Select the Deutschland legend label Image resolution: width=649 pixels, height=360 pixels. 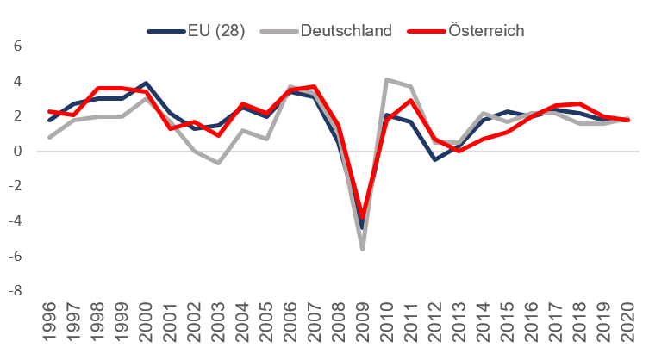[346, 30]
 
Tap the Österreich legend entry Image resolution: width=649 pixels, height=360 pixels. [486, 30]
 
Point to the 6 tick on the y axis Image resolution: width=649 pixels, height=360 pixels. [16, 47]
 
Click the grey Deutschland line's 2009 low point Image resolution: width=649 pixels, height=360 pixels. [363, 249]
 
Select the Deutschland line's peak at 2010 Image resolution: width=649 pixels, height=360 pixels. [387, 80]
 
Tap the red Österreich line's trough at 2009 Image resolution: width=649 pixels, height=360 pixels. [363, 218]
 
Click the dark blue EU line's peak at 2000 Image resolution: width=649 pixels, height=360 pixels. [147, 84]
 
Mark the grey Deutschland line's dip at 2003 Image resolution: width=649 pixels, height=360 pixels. [219, 163]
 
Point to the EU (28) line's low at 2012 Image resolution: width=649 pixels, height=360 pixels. [435, 159]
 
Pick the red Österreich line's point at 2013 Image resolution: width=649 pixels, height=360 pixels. [459, 151]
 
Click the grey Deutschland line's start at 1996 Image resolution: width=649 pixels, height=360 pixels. [51, 137]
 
